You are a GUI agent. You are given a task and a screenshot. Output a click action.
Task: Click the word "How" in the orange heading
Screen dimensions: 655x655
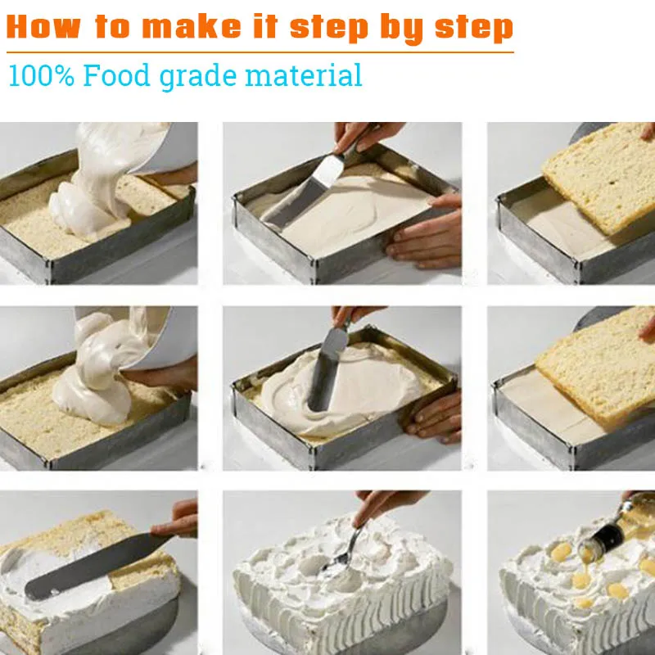pyautogui.click(x=43, y=27)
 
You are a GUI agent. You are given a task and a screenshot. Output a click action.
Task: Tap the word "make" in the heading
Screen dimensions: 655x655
pyautogui.click(x=192, y=27)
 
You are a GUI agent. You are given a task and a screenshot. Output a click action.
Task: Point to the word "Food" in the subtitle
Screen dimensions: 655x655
pyautogui.click(x=116, y=75)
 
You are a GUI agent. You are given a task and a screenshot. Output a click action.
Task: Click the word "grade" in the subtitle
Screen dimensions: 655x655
pyautogui.click(x=198, y=77)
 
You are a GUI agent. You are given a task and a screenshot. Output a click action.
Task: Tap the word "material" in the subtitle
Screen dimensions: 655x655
pyautogui.click(x=304, y=75)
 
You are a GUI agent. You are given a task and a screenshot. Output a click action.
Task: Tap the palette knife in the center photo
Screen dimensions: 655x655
pyautogui.click(x=328, y=368)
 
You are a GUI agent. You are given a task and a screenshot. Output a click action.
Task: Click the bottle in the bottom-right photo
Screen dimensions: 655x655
pyautogui.click(x=618, y=526)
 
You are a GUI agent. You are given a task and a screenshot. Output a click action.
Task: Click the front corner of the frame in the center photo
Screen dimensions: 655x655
pyautogui.click(x=313, y=452)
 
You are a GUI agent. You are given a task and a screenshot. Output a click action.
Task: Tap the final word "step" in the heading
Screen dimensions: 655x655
pyautogui.click(x=474, y=29)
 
